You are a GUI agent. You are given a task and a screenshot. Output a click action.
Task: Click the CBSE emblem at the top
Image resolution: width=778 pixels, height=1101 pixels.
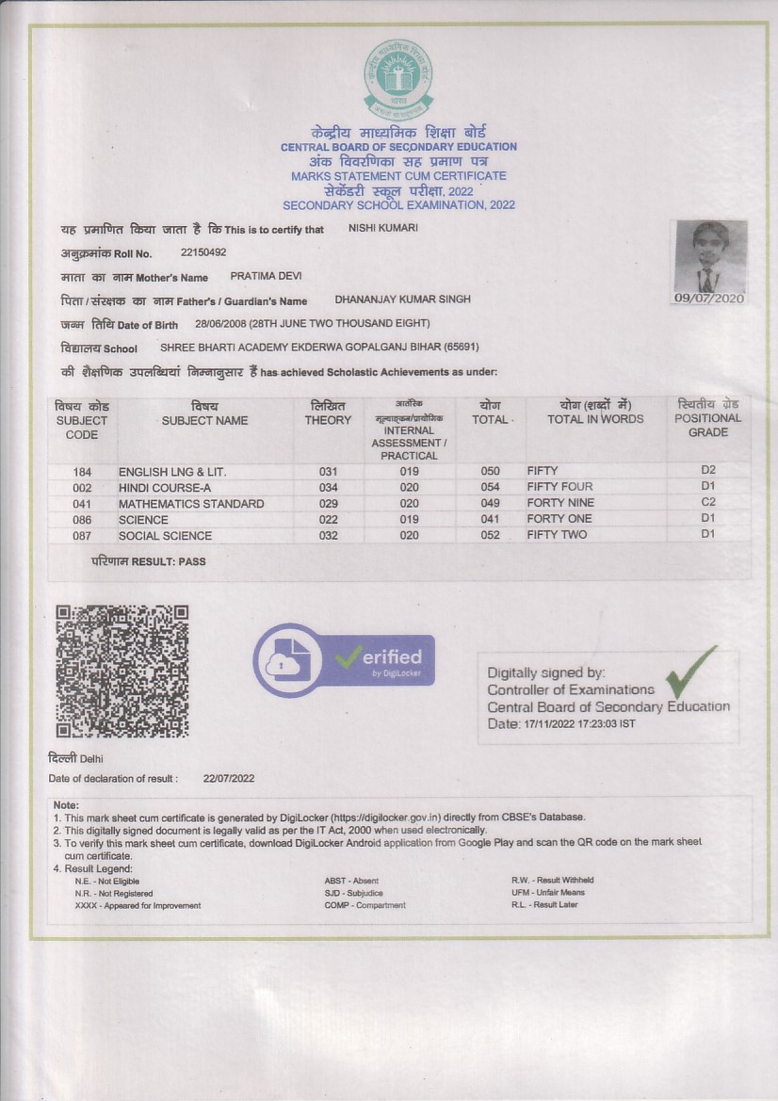coord(398,78)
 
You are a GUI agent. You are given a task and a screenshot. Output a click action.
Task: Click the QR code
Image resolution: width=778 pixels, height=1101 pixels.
coord(122,671)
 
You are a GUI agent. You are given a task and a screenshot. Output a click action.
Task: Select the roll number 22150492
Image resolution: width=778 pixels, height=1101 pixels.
coord(203,252)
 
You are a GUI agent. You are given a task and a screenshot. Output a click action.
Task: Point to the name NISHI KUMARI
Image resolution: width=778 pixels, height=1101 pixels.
coord(383,228)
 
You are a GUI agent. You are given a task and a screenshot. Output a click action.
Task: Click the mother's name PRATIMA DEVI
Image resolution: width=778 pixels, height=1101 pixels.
coord(267,277)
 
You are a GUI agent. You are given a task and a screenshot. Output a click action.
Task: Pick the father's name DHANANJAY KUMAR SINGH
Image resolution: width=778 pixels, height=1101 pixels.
coord(403,300)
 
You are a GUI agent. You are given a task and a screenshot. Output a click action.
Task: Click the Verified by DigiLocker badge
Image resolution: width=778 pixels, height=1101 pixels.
coord(344,660)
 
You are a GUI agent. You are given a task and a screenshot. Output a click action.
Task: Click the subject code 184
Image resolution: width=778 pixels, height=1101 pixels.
coord(82,471)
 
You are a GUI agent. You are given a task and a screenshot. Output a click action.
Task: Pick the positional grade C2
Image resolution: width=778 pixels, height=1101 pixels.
coord(708,502)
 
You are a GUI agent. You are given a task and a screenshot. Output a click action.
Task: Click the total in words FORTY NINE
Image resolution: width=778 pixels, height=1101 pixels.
coord(560,503)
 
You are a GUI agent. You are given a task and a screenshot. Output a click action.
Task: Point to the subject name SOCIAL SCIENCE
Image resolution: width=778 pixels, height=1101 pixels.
coord(165,536)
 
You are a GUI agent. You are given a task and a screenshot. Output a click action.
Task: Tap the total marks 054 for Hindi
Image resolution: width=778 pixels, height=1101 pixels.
coord(490,487)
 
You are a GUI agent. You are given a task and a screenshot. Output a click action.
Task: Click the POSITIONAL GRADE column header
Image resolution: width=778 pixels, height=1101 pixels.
coord(708,418)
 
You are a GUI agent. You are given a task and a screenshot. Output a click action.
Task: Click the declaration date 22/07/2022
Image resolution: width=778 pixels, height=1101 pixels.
coord(229,778)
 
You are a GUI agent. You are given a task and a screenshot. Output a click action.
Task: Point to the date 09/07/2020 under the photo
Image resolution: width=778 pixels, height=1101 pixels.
coord(709,299)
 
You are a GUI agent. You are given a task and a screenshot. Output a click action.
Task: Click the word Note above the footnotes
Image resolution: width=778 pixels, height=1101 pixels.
coord(66,805)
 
